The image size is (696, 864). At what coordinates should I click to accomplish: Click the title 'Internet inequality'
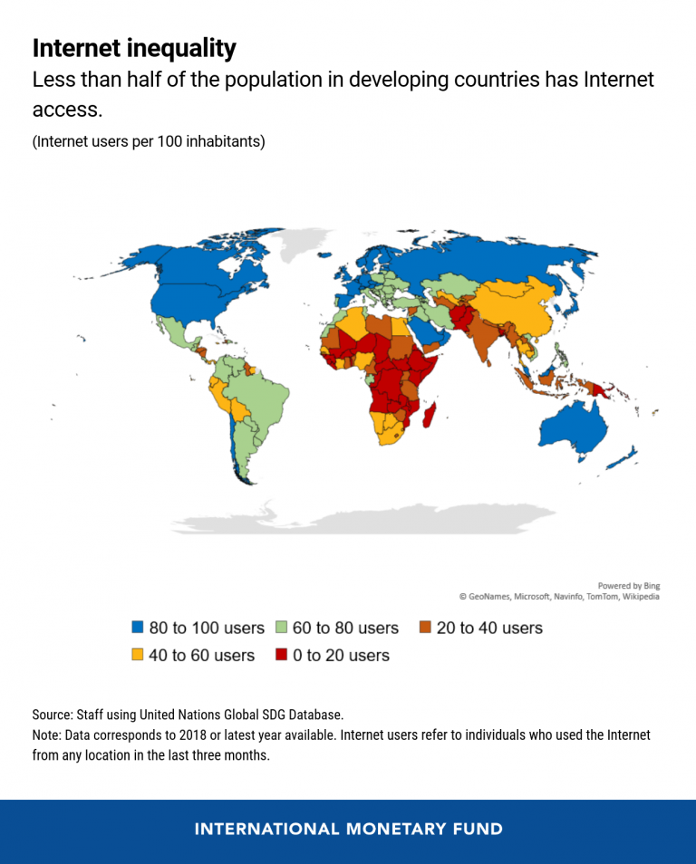click(x=134, y=48)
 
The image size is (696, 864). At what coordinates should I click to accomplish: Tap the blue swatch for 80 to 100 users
click(x=138, y=628)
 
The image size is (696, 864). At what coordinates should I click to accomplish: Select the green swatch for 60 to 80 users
click(x=281, y=628)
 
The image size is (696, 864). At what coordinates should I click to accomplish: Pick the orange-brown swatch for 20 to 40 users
click(x=425, y=628)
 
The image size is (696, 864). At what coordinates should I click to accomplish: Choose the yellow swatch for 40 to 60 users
click(x=138, y=655)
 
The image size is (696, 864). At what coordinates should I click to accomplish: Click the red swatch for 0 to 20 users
click(x=281, y=655)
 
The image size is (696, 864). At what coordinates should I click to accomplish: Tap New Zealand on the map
click(x=623, y=457)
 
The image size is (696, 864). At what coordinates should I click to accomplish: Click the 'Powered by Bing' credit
click(x=628, y=585)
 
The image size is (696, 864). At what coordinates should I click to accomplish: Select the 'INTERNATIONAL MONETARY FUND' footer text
click(x=348, y=830)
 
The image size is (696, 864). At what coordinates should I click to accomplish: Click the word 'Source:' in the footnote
click(x=53, y=715)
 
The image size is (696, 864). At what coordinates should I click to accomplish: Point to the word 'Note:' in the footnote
click(x=47, y=734)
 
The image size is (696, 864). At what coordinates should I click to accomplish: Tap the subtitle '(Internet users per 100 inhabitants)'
click(x=149, y=142)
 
